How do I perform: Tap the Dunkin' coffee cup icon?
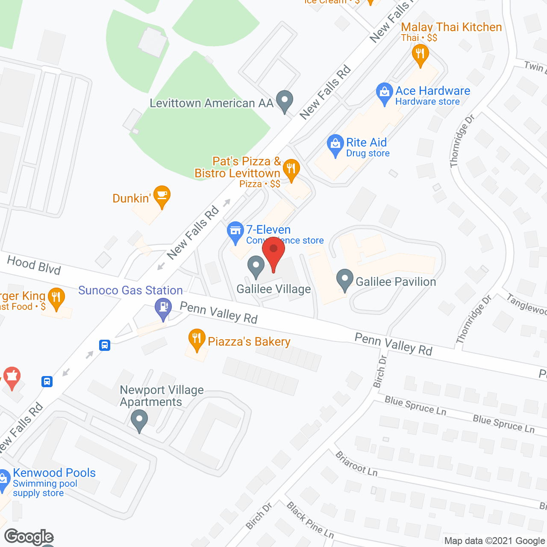pos(162,196)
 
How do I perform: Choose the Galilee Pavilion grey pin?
pos(344,279)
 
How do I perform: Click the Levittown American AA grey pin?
pos(285,100)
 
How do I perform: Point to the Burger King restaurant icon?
pos(56,297)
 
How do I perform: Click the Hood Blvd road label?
pos(34,265)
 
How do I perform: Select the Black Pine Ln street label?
pos(310,520)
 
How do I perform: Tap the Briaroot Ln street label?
pos(356,464)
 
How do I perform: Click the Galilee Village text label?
pos(274,289)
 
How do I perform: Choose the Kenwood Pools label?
pos(54,473)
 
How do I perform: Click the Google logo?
pos(29,537)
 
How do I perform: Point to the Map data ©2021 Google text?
pos(494,541)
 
